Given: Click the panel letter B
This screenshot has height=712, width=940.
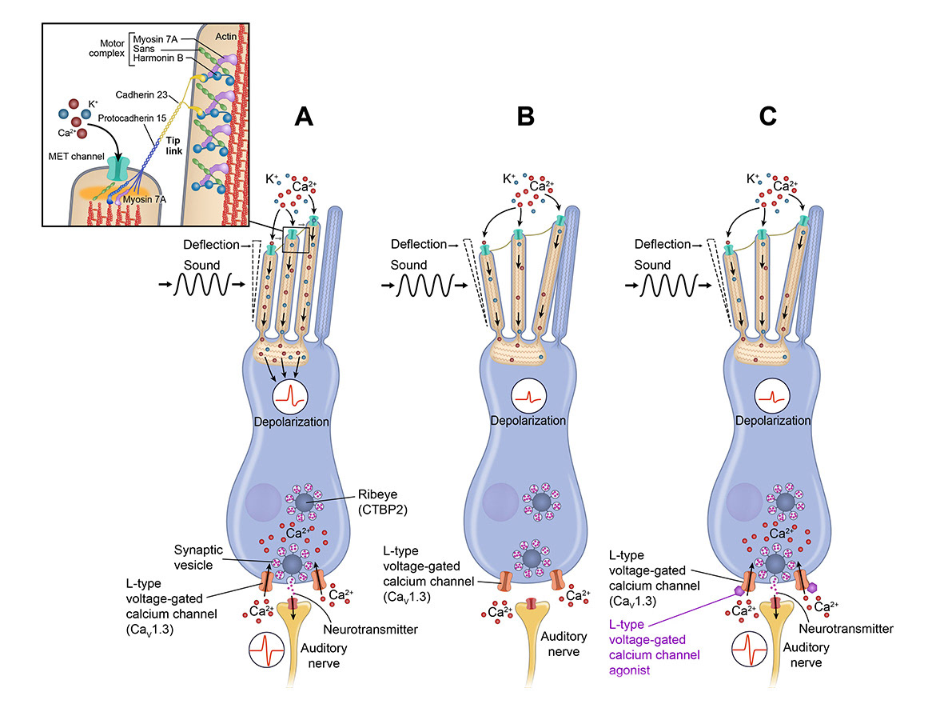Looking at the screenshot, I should point(525,117).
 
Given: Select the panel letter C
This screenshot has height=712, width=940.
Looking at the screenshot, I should point(767,117).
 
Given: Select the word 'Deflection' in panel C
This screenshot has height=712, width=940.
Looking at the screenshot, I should point(660,244).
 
